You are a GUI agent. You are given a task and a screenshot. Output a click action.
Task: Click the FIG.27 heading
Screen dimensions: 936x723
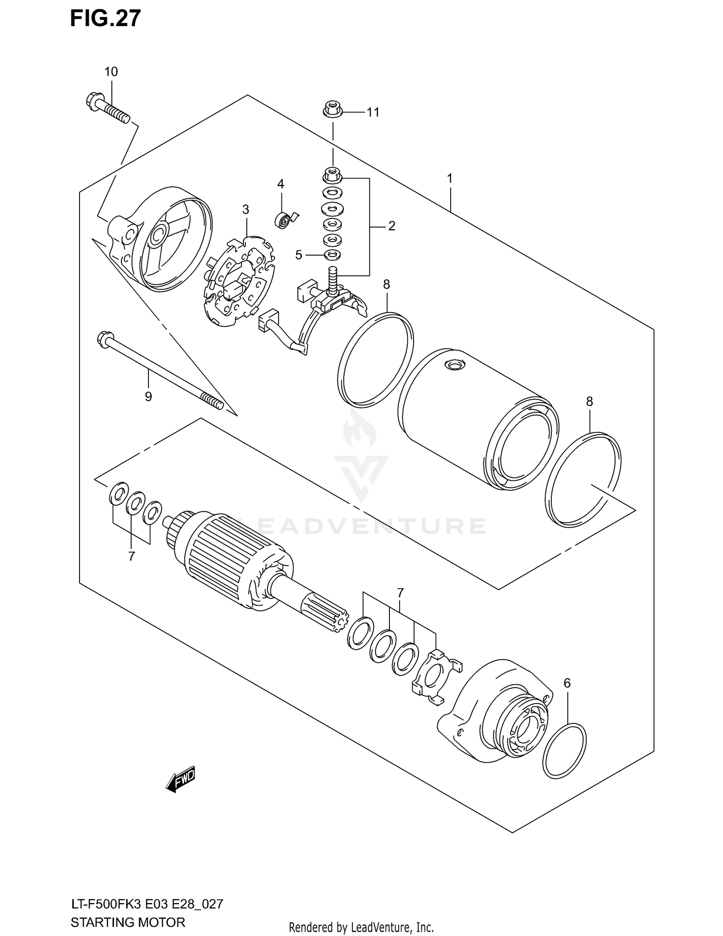click(105, 18)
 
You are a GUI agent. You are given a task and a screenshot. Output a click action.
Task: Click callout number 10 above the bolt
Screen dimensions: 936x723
click(111, 72)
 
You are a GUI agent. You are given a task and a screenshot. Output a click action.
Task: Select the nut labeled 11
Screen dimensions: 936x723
click(332, 109)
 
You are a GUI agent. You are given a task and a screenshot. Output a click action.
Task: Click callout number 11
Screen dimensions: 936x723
click(373, 112)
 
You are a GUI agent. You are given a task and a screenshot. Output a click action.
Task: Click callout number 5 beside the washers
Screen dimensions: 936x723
click(298, 255)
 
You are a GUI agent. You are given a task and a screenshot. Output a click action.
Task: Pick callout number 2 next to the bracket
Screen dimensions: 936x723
click(391, 226)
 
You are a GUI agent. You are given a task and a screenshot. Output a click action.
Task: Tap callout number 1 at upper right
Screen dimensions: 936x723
click(449, 178)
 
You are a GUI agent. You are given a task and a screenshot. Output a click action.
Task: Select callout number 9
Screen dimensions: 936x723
click(148, 396)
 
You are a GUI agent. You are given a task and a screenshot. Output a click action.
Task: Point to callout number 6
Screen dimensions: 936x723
click(567, 683)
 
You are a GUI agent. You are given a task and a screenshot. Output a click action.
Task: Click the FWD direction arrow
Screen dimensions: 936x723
click(180, 778)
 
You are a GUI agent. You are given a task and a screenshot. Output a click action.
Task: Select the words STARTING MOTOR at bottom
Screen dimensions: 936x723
click(128, 922)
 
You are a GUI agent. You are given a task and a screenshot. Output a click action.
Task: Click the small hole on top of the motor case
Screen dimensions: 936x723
click(454, 366)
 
